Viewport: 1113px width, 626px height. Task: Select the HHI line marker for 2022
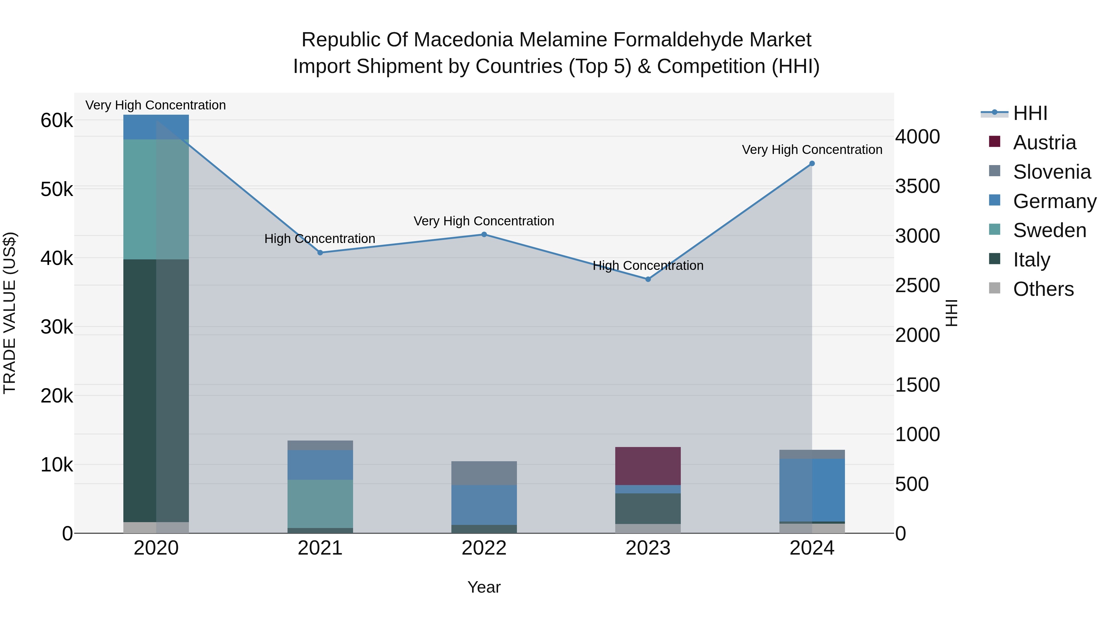(x=484, y=235)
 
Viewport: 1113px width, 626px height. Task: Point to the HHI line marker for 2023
(x=648, y=279)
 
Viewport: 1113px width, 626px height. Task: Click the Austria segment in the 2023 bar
(x=648, y=466)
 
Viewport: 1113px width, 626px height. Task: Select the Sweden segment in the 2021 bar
(x=320, y=504)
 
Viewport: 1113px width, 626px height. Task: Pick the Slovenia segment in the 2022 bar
(x=484, y=473)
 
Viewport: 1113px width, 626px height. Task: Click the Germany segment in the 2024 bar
(x=812, y=490)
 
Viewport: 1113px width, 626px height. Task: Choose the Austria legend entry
(x=1044, y=143)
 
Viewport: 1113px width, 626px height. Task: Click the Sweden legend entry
(x=1050, y=230)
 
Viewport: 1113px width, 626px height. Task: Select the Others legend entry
(x=1043, y=289)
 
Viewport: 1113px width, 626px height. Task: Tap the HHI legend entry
(x=1030, y=113)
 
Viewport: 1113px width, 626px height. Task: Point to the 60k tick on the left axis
(x=57, y=121)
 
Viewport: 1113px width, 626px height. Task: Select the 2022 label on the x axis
(x=484, y=548)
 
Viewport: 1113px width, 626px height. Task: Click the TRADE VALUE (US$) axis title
(x=10, y=313)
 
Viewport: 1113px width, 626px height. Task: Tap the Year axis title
(x=484, y=587)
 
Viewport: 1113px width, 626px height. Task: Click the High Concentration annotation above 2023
(x=648, y=266)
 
